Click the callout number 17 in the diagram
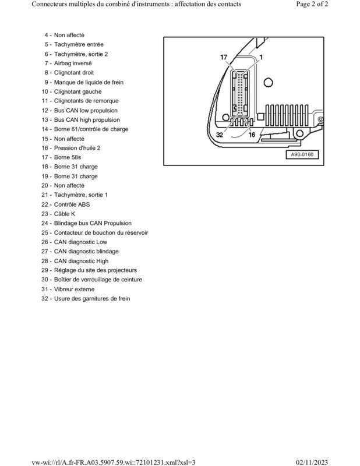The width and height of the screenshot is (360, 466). point(224,57)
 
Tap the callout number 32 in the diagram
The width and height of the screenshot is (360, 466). point(220,135)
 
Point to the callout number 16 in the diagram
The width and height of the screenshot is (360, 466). point(252,135)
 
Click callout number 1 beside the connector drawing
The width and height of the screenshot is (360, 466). point(261,57)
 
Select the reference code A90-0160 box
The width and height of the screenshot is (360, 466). point(302,154)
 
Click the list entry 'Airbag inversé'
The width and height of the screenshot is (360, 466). point(73,63)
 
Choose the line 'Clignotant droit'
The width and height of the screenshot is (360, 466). point(74,72)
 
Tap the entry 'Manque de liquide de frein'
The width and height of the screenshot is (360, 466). point(89,82)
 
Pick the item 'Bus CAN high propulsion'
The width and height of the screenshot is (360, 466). point(87,120)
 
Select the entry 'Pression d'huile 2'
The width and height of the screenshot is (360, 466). point(77,148)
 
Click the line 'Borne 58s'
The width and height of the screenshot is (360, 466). point(68,157)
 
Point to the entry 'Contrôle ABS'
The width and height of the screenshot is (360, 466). point(72,204)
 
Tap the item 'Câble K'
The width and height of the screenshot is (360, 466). point(65,214)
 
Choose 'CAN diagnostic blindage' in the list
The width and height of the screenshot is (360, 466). point(86,252)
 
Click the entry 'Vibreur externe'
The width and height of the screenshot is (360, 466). point(75,289)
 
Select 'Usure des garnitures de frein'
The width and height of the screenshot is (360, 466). point(92,298)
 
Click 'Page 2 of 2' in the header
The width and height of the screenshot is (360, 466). point(312,4)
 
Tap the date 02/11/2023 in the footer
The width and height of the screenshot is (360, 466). point(312,463)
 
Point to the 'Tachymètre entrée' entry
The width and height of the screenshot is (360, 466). point(79,45)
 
